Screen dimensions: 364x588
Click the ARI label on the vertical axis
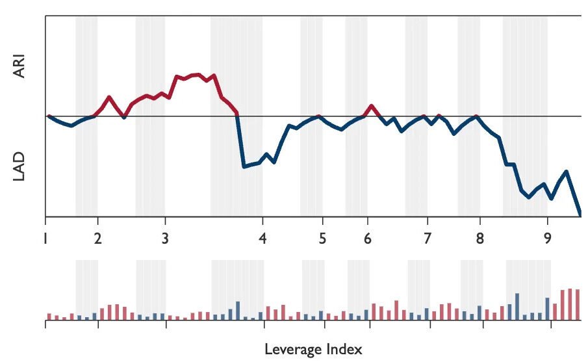point(19,66)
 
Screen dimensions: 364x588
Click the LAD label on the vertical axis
point(19,167)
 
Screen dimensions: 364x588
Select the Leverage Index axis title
point(313,349)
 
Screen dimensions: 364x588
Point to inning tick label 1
point(45,238)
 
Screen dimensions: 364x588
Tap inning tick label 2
point(97,238)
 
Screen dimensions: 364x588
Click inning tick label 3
point(165,238)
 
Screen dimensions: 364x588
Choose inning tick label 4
point(262,238)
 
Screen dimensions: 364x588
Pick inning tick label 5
point(323,238)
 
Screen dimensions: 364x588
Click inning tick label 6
point(368,238)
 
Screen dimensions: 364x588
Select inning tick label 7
point(428,238)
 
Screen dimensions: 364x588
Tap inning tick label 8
point(480,238)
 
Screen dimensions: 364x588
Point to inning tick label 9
point(547,238)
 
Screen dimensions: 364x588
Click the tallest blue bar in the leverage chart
point(517,307)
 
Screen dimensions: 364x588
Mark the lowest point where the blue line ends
point(580,214)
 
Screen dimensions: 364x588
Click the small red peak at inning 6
point(371,105)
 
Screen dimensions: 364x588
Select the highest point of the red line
point(197,75)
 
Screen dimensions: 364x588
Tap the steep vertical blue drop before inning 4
point(240,140)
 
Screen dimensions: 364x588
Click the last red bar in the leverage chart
point(577,305)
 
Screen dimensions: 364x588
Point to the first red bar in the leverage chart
point(49,317)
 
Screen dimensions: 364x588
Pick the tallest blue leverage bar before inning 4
point(238,311)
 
